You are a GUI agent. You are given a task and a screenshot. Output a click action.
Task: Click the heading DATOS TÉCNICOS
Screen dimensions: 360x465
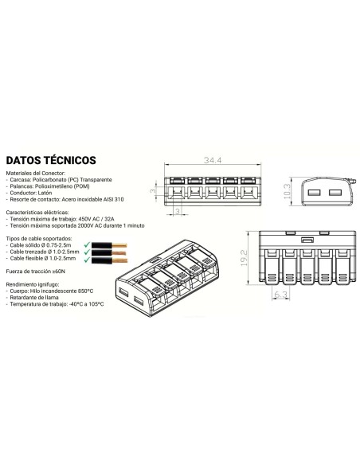(x=51, y=160)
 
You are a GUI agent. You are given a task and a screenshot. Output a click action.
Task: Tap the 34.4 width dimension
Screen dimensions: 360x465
(x=213, y=160)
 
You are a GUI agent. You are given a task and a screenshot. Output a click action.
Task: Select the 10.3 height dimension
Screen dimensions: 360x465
(x=287, y=191)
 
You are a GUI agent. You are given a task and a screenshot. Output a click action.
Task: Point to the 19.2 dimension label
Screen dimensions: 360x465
(x=244, y=258)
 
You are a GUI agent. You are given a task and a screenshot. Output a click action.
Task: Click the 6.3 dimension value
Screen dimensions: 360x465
(x=280, y=295)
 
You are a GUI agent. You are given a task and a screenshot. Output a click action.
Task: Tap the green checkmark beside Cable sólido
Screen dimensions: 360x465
(x=87, y=244)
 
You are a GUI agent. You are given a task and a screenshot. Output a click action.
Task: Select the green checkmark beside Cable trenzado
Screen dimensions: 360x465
(x=87, y=252)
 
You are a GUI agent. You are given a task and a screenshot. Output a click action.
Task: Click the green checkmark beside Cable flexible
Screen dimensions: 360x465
(x=87, y=260)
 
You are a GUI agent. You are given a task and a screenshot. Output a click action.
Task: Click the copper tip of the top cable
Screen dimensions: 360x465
(x=119, y=245)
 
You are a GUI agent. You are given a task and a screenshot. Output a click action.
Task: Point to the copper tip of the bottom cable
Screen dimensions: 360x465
(x=119, y=260)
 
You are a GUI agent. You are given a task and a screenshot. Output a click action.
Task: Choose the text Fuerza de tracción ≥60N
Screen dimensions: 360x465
(x=36, y=272)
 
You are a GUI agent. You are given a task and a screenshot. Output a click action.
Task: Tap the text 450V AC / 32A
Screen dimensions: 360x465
(x=96, y=219)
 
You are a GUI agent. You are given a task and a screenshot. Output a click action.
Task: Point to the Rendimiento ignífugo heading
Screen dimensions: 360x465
(x=33, y=284)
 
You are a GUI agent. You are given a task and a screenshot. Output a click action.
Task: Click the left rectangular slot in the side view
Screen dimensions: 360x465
(x=315, y=193)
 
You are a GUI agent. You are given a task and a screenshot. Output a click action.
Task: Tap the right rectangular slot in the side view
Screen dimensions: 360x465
(x=335, y=193)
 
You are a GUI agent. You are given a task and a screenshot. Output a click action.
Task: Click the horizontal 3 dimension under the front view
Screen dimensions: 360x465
(x=178, y=211)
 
